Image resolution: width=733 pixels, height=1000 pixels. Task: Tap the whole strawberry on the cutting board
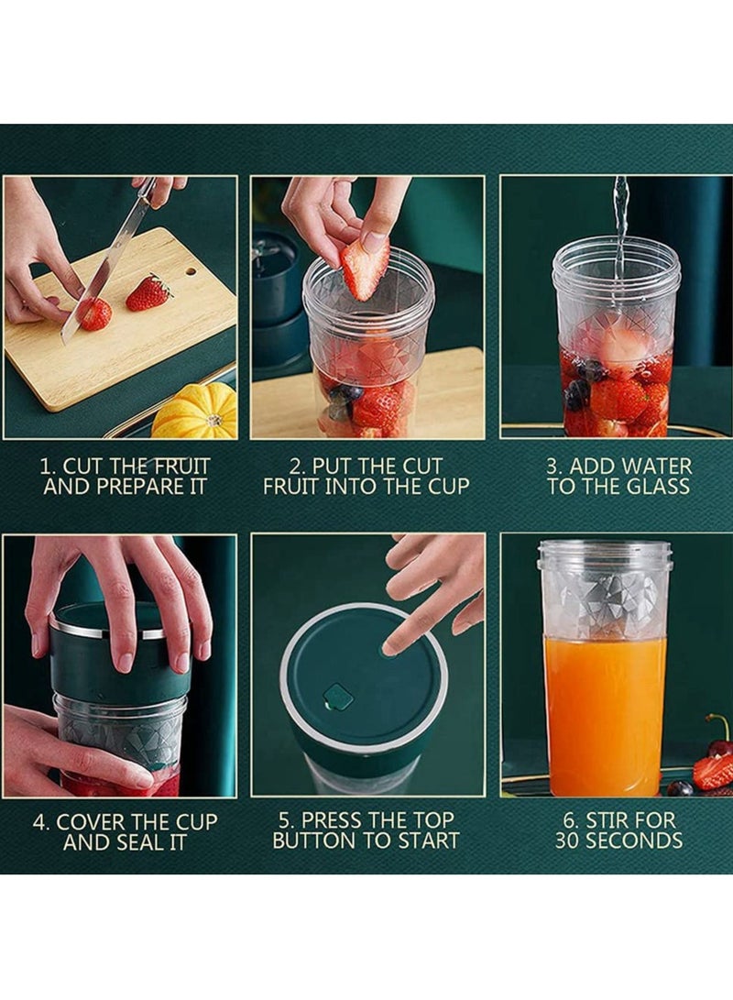point(148,293)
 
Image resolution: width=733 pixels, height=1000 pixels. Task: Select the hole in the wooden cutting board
point(191,271)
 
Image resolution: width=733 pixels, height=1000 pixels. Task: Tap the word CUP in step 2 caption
point(446,487)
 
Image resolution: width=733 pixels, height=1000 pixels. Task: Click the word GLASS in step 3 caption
point(658,487)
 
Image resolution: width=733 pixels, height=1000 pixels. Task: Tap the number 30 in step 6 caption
point(570,841)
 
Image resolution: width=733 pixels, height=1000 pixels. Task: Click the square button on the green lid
point(338,698)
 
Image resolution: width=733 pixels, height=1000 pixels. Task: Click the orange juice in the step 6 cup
point(605,715)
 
